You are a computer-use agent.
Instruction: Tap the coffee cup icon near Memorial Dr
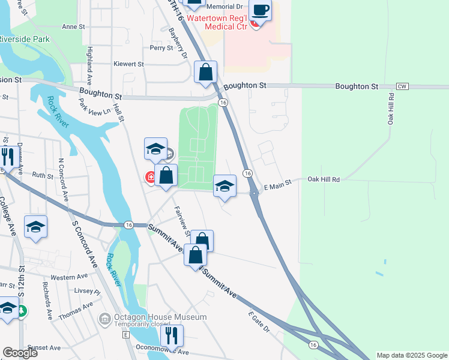[x=260, y=11]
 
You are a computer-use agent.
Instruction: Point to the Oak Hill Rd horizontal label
[x=324, y=179]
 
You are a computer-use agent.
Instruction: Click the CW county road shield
[x=402, y=86]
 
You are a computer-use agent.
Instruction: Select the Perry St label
[x=161, y=48]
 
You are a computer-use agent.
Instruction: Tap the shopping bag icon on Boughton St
[x=205, y=73]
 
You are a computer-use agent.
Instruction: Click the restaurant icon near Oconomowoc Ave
[x=172, y=336]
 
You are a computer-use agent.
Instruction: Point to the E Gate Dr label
[x=259, y=322]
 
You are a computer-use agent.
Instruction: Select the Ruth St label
[x=43, y=175]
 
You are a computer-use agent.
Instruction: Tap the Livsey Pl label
[x=87, y=292]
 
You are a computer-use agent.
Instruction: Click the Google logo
[x=20, y=352]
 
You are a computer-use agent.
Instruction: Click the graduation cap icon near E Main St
[x=224, y=186]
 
